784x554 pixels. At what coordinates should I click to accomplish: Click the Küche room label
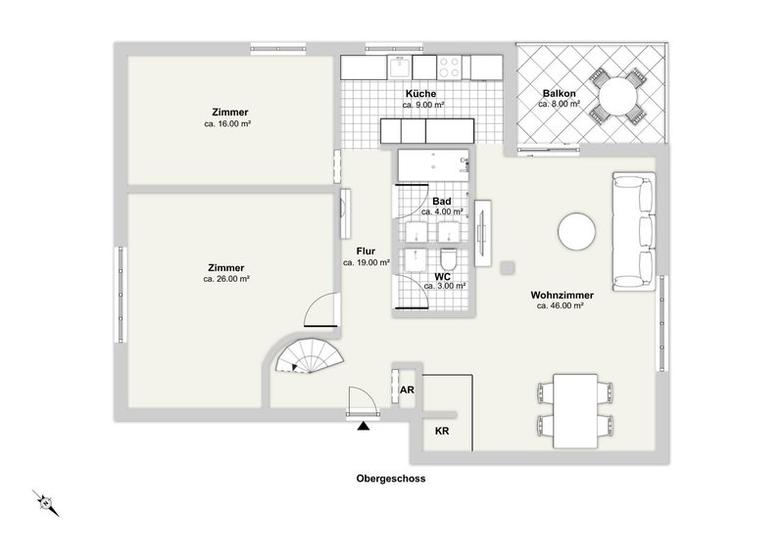(x=424, y=93)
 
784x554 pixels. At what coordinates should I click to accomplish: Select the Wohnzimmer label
(x=561, y=294)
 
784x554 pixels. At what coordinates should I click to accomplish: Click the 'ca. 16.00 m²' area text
(x=227, y=124)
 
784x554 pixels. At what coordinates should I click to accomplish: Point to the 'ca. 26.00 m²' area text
(x=226, y=279)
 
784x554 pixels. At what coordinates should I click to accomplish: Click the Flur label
(x=367, y=251)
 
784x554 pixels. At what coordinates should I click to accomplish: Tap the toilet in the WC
(x=449, y=260)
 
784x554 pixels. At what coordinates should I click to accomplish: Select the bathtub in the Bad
(x=432, y=165)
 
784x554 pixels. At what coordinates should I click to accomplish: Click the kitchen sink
(x=400, y=67)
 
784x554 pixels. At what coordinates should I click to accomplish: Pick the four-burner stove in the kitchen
(x=450, y=67)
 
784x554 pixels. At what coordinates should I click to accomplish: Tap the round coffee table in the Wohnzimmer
(x=576, y=232)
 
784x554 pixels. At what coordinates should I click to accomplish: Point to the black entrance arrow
(x=364, y=425)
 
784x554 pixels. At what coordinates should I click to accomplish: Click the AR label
(x=407, y=390)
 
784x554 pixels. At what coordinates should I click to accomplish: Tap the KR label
(x=442, y=431)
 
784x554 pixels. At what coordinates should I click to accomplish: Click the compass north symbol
(x=45, y=503)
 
